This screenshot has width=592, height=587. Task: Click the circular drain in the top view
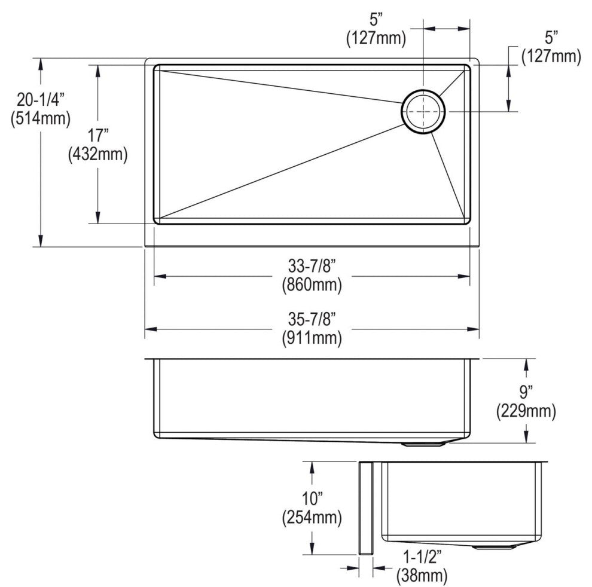[423, 111]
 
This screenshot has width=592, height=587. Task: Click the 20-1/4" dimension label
[41, 100]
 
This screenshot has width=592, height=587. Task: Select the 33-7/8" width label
[312, 266]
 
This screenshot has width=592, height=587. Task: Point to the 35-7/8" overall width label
[312, 319]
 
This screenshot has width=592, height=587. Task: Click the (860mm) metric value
[312, 285]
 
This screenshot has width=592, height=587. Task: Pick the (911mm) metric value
[312, 338]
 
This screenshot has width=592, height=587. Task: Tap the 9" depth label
[526, 392]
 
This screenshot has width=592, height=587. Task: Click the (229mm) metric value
[526, 411]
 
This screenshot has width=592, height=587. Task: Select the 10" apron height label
[312, 499]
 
